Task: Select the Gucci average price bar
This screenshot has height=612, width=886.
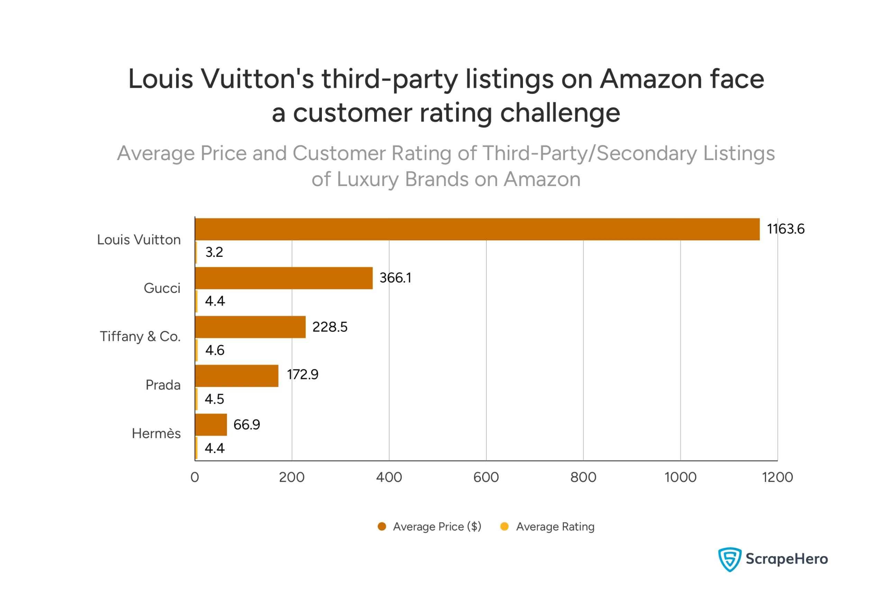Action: tap(283, 278)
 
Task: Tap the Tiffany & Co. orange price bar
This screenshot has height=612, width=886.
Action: tap(250, 327)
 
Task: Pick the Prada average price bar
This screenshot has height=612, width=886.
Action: tap(236, 376)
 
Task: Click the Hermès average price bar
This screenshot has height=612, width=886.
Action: tap(211, 425)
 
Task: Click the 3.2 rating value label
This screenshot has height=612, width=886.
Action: tap(214, 252)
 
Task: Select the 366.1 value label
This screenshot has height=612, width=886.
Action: tap(395, 278)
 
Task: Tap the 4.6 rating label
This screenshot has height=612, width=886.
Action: tap(215, 350)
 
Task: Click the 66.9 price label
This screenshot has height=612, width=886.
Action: tap(246, 425)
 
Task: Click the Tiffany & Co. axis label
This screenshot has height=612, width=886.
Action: tap(140, 337)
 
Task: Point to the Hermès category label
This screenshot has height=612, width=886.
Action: tap(156, 434)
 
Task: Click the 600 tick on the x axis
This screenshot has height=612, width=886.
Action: tap(486, 477)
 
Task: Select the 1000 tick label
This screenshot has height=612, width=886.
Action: tap(680, 477)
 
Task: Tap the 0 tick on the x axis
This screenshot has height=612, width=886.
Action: tap(195, 477)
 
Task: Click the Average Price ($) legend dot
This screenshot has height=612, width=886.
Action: tap(382, 527)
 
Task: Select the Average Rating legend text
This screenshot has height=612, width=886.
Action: tap(555, 527)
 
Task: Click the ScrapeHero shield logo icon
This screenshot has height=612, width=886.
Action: tap(730, 559)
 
